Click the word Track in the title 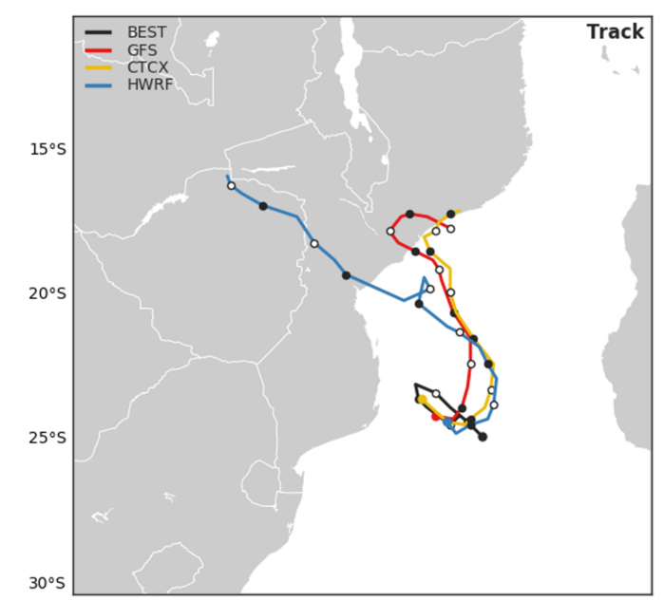(615, 32)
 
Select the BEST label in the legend (146, 32)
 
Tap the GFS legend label (142, 50)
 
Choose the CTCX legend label (146, 68)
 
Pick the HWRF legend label (147, 86)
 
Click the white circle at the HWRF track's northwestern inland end (231, 186)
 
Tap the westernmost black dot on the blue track (263, 206)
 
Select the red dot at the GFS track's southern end (436, 416)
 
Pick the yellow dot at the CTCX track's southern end (422, 400)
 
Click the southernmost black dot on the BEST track (483, 437)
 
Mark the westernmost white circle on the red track (390, 231)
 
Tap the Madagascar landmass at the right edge (637, 285)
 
